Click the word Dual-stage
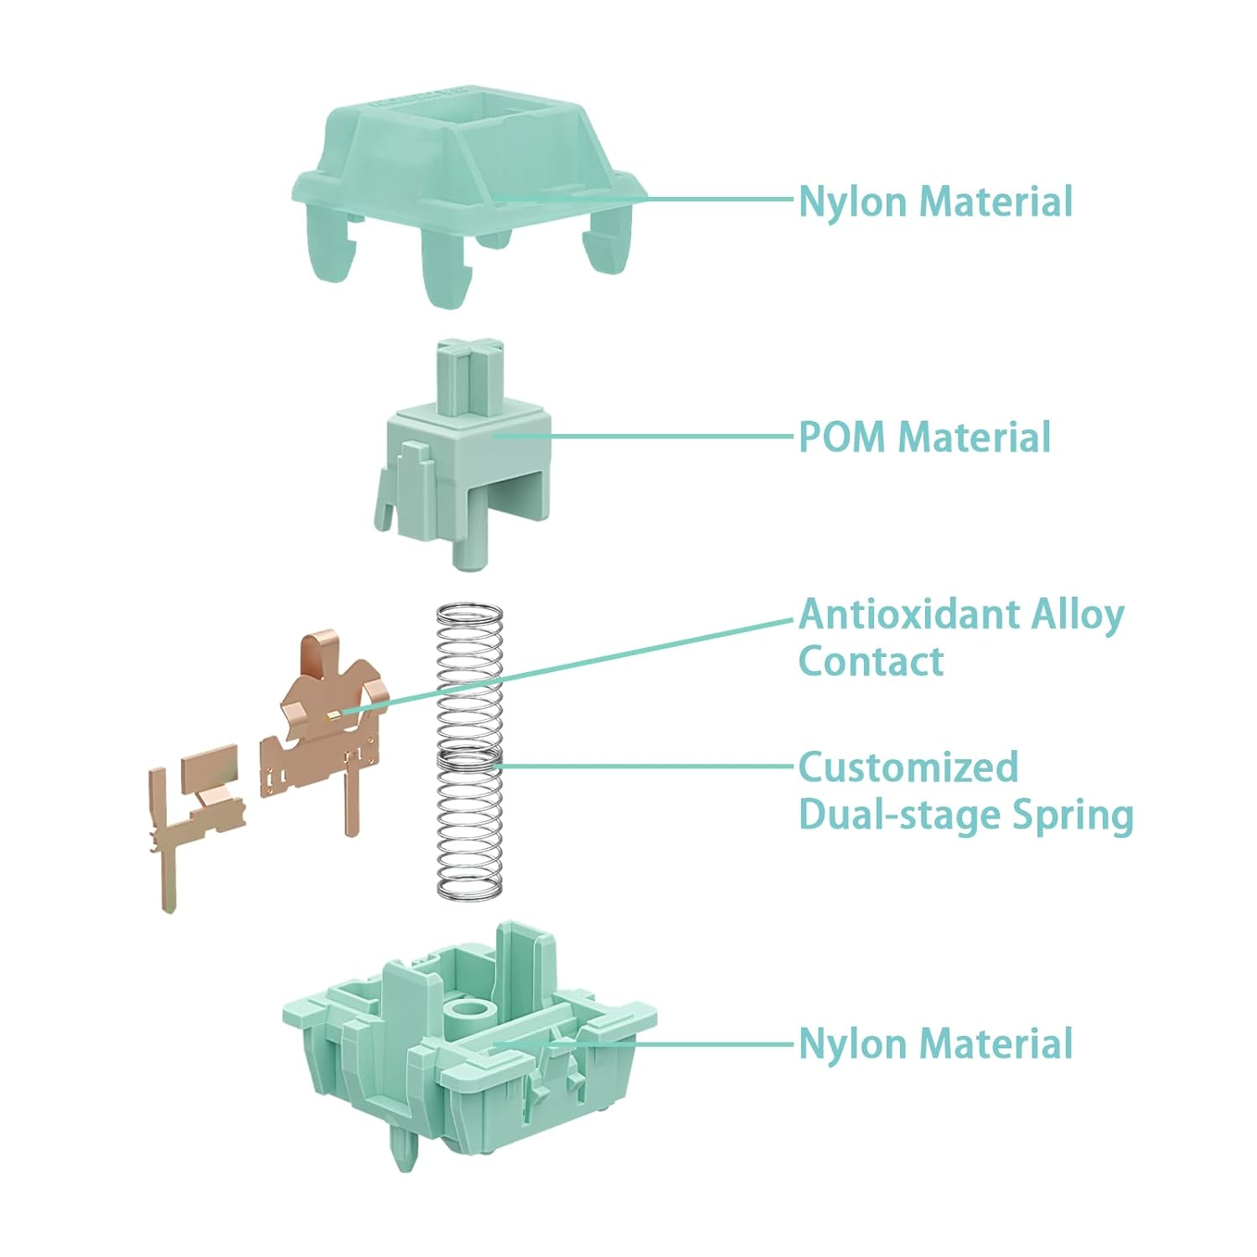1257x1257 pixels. click(897, 815)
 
